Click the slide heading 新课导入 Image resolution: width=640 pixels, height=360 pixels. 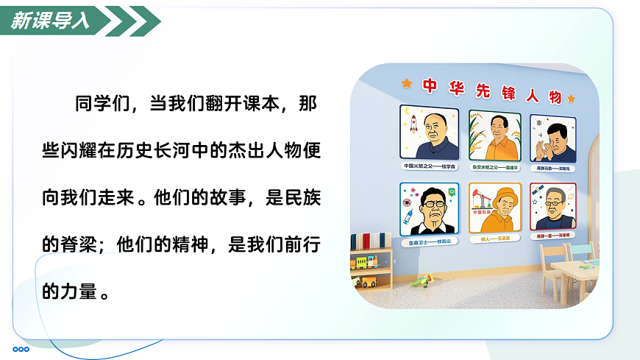click(x=51, y=21)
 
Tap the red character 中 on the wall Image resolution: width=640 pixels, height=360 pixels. click(x=430, y=85)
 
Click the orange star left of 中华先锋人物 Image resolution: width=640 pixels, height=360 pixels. click(x=406, y=83)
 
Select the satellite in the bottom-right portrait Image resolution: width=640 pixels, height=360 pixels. click(x=540, y=192)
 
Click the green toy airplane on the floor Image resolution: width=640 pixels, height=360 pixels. click(x=422, y=280)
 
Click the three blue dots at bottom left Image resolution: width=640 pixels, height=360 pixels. click(x=21, y=349)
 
